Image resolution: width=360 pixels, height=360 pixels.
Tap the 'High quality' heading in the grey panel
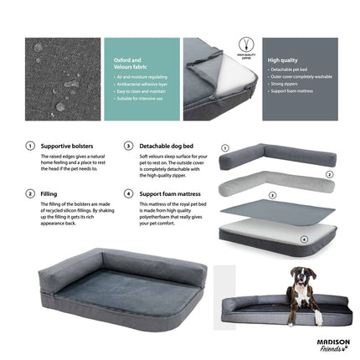click(281, 60)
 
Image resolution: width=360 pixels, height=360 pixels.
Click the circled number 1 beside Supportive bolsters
click(31, 145)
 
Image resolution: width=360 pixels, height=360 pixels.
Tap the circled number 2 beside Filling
click(31, 193)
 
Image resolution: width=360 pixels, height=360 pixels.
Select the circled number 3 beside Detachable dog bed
click(128, 145)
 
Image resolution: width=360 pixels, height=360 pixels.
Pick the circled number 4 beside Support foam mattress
click(128, 193)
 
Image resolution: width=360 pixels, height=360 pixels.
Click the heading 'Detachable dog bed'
click(162, 145)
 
